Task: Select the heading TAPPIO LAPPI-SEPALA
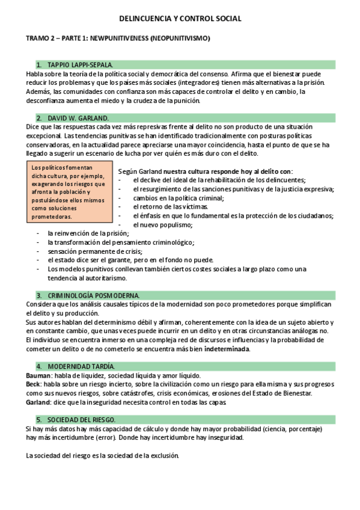(79, 64)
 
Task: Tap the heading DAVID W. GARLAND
(76, 118)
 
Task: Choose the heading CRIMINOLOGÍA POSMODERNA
(93, 295)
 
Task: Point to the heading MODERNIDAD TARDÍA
(81, 366)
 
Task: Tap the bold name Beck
(34, 384)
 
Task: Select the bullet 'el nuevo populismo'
(163, 225)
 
